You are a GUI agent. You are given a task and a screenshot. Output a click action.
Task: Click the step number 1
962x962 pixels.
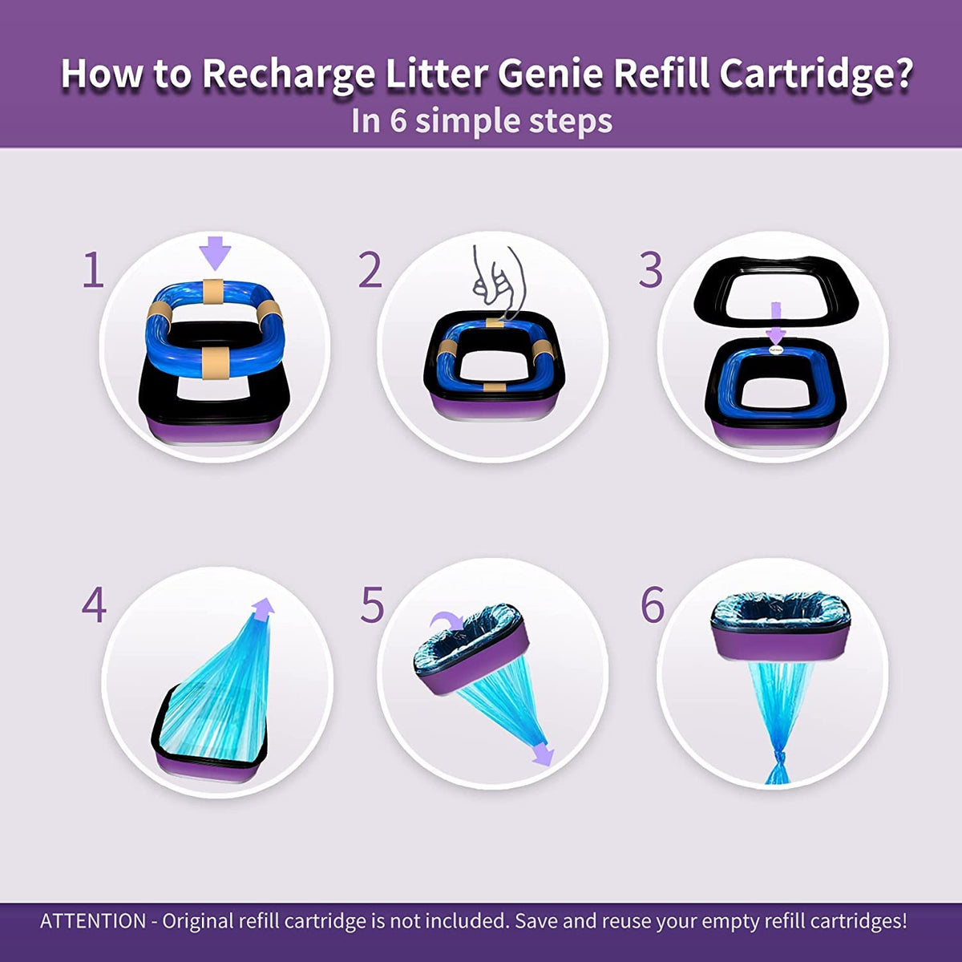pyautogui.click(x=93, y=269)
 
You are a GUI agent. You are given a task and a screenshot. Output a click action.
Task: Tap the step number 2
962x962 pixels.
pyautogui.click(x=370, y=269)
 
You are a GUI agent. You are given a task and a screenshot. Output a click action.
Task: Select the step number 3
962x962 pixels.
pyautogui.click(x=651, y=269)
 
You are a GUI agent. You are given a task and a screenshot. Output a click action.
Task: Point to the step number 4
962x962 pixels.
pyautogui.click(x=94, y=604)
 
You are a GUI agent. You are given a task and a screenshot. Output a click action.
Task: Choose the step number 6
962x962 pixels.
pyautogui.click(x=653, y=604)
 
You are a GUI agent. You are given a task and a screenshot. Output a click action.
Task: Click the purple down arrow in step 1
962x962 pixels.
pyautogui.click(x=215, y=253)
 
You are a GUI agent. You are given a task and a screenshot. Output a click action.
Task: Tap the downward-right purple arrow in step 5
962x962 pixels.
pyautogui.click(x=542, y=754)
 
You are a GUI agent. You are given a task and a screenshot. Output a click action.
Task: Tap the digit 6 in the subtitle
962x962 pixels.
pyautogui.click(x=398, y=120)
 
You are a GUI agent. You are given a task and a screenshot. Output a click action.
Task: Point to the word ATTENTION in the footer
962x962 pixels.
pyautogui.click(x=93, y=921)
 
